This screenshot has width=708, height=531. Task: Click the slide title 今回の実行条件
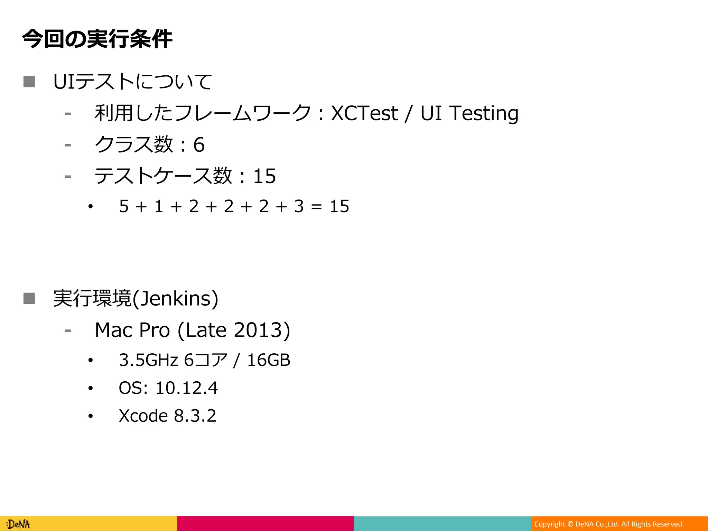(x=97, y=39)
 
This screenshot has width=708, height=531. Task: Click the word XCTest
(x=364, y=113)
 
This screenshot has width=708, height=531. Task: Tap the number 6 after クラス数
(x=199, y=145)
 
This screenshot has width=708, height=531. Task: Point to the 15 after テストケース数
(x=264, y=176)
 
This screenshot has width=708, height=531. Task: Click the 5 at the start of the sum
(x=124, y=206)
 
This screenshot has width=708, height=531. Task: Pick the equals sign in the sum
(x=316, y=207)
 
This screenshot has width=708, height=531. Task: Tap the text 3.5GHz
(x=148, y=360)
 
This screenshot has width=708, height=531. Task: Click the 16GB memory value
(x=269, y=360)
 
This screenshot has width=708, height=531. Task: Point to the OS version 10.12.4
(x=186, y=388)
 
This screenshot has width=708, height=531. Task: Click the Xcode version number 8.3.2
(x=195, y=416)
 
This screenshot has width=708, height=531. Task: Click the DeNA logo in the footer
(x=18, y=524)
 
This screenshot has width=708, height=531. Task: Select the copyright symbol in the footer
(x=570, y=524)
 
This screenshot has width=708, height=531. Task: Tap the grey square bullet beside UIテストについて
(x=29, y=82)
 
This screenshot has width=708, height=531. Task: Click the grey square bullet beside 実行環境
(x=29, y=298)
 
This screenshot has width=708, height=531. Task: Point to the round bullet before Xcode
(x=91, y=416)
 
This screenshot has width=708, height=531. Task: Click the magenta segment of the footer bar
(x=265, y=523)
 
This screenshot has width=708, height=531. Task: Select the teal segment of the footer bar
(x=442, y=523)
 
